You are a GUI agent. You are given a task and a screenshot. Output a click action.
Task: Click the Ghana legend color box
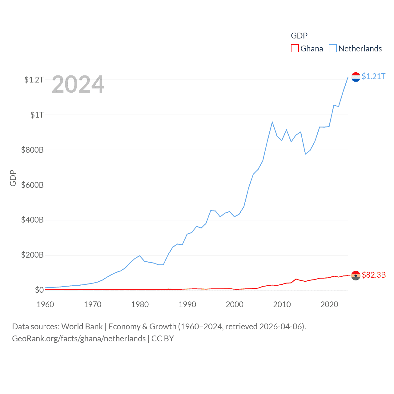(x=295, y=49)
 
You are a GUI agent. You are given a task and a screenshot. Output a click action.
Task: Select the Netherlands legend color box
(x=333, y=49)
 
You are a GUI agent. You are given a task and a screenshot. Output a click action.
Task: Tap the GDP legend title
(x=299, y=36)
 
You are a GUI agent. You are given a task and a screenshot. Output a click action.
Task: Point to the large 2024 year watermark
(x=78, y=84)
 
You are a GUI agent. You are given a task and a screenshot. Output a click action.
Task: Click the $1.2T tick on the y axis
(x=34, y=80)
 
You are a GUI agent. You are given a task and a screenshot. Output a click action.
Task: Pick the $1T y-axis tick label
(x=37, y=115)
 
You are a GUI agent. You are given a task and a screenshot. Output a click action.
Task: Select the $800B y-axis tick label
(x=32, y=150)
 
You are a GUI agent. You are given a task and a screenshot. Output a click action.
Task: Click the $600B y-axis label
(x=32, y=185)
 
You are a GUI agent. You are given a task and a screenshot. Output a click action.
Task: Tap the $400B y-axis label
(x=32, y=220)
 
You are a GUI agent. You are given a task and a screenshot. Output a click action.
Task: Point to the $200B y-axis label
(x=32, y=255)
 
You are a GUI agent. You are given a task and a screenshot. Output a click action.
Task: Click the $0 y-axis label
(x=39, y=290)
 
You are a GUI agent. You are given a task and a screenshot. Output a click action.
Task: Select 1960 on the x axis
(x=45, y=305)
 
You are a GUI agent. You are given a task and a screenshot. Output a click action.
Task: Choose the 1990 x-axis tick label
(x=187, y=305)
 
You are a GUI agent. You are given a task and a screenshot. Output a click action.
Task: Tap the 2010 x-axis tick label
(x=282, y=305)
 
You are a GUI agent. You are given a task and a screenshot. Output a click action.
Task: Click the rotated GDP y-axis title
(x=13, y=178)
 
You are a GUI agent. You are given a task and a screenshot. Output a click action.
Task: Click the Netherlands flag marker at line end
(x=356, y=77)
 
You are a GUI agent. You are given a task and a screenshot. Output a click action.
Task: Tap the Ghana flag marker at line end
(x=356, y=275)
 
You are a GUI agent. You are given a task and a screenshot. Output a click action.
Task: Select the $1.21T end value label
(x=373, y=76)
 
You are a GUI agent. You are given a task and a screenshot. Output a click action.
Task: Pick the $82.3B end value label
(x=374, y=275)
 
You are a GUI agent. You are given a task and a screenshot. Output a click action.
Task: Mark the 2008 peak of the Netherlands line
(x=272, y=122)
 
